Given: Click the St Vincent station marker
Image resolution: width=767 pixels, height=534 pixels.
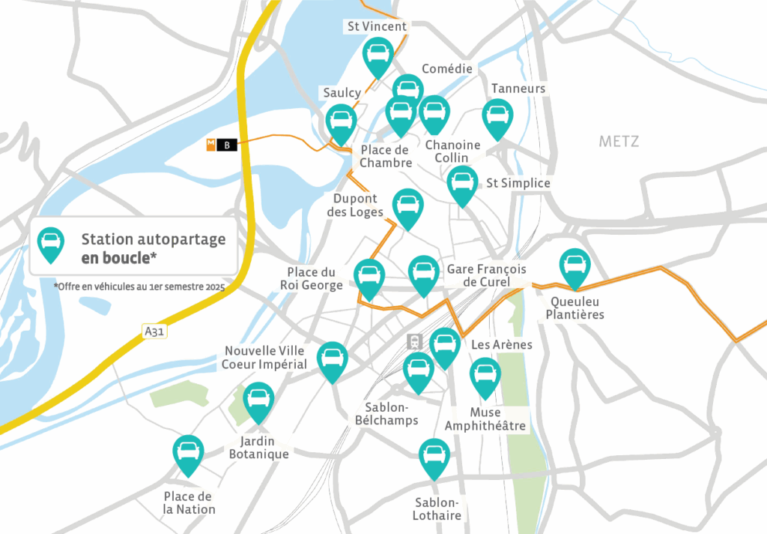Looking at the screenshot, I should coord(378,54).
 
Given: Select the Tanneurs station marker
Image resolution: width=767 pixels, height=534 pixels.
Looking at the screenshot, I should coord(497,116).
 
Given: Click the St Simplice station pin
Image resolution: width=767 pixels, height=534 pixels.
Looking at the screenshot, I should coord(463,182).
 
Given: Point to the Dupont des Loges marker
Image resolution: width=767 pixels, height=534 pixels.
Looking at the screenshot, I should coord(407,205).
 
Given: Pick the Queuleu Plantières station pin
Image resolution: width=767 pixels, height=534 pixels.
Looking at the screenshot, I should coord(575,265).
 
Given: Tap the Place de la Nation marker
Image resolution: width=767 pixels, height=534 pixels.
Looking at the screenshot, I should coord(188,451).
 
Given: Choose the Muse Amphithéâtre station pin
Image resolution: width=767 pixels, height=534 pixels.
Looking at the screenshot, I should coord(485,374).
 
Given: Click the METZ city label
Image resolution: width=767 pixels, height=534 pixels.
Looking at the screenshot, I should coord(619,141).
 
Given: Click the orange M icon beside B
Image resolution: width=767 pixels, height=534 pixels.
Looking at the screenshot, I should coord(211,145).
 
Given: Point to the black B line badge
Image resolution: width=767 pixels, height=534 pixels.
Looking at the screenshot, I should coord(227,145).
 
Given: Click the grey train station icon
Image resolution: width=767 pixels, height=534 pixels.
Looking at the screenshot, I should coord(413,342).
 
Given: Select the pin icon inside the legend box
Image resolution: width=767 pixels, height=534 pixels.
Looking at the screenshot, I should coord(51,243).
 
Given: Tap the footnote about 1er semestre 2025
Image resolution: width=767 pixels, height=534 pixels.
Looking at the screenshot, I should coord(139,287).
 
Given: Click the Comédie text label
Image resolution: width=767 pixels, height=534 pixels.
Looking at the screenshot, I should coord(447,69).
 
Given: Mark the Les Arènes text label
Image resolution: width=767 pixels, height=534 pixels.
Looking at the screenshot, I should coord(502,345).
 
